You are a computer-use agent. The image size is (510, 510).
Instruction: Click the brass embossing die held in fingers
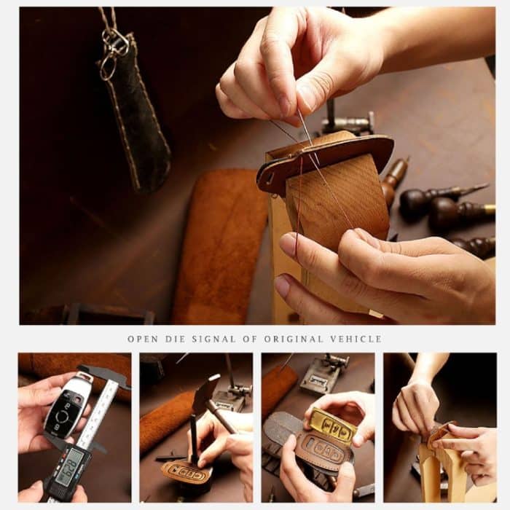[x=333, y=426]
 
